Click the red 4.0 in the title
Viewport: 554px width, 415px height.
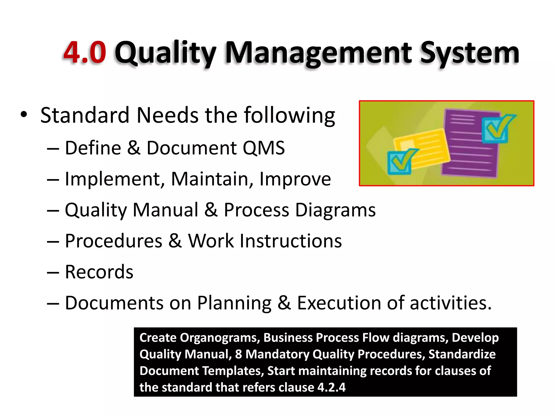(x=85, y=52)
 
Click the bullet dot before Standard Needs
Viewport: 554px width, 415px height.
(x=24, y=115)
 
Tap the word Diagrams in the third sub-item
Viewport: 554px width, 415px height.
(x=335, y=210)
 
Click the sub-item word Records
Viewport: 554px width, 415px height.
(x=99, y=272)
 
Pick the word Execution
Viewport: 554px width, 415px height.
(x=339, y=303)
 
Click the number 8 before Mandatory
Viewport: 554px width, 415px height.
(x=238, y=354)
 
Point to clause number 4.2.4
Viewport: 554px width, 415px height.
(x=331, y=387)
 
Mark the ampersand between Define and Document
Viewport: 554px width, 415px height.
(x=134, y=148)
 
